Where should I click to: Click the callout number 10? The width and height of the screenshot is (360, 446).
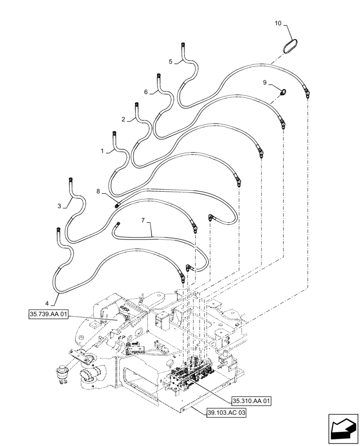pos(278,23)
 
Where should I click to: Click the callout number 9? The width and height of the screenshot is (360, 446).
pos(265,83)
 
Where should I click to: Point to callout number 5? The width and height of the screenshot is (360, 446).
pos(171,62)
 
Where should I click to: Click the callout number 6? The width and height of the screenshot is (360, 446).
pos(146,92)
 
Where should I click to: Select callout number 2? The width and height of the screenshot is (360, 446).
pos(123,120)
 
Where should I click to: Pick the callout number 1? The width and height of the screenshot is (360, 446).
pos(102,151)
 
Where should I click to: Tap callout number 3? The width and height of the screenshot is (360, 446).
pos(59,206)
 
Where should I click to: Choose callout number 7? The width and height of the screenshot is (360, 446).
pos(143,220)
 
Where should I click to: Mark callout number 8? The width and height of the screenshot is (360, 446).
pos(98,191)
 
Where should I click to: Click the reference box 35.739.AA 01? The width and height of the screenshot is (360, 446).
pos(48,315)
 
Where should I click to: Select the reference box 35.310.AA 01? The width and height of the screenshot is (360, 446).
pos(252,401)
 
